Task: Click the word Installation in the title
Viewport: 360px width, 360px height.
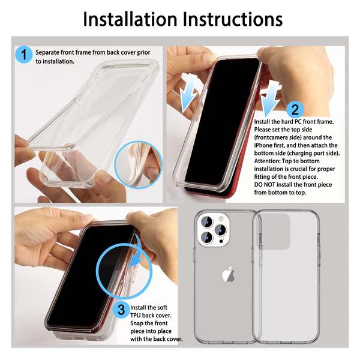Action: [x=130, y=19]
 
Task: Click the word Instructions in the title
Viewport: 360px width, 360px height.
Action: [x=233, y=19]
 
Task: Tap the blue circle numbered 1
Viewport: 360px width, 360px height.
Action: [x=24, y=55]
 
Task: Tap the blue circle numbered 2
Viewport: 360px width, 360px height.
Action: [x=295, y=110]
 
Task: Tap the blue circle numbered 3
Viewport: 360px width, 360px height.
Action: [x=121, y=310]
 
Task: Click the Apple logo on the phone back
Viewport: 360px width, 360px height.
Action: [x=229, y=274]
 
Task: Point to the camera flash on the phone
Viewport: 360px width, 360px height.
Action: [x=221, y=218]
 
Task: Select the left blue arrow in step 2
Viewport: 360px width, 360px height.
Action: [x=188, y=93]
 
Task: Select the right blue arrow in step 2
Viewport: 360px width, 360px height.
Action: [x=270, y=98]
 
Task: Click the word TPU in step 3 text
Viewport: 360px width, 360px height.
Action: [x=136, y=315]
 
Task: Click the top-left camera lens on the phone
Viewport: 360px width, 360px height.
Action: [x=207, y=222]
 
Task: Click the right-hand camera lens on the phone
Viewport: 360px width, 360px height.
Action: [x=221, y=230]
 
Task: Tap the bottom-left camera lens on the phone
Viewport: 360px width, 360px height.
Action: [x=207, y=238]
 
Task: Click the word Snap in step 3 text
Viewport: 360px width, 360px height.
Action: [x=136, y=323]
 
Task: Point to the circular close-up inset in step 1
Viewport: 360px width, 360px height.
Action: [x=138, y=165]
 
